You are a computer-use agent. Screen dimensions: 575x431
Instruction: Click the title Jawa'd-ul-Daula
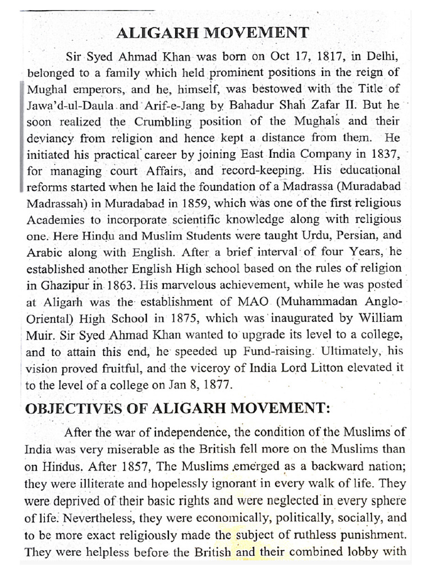[63, 105]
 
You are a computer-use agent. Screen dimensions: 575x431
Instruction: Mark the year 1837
[383, 153]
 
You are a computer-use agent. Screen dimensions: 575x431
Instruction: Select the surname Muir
[38, 334]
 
